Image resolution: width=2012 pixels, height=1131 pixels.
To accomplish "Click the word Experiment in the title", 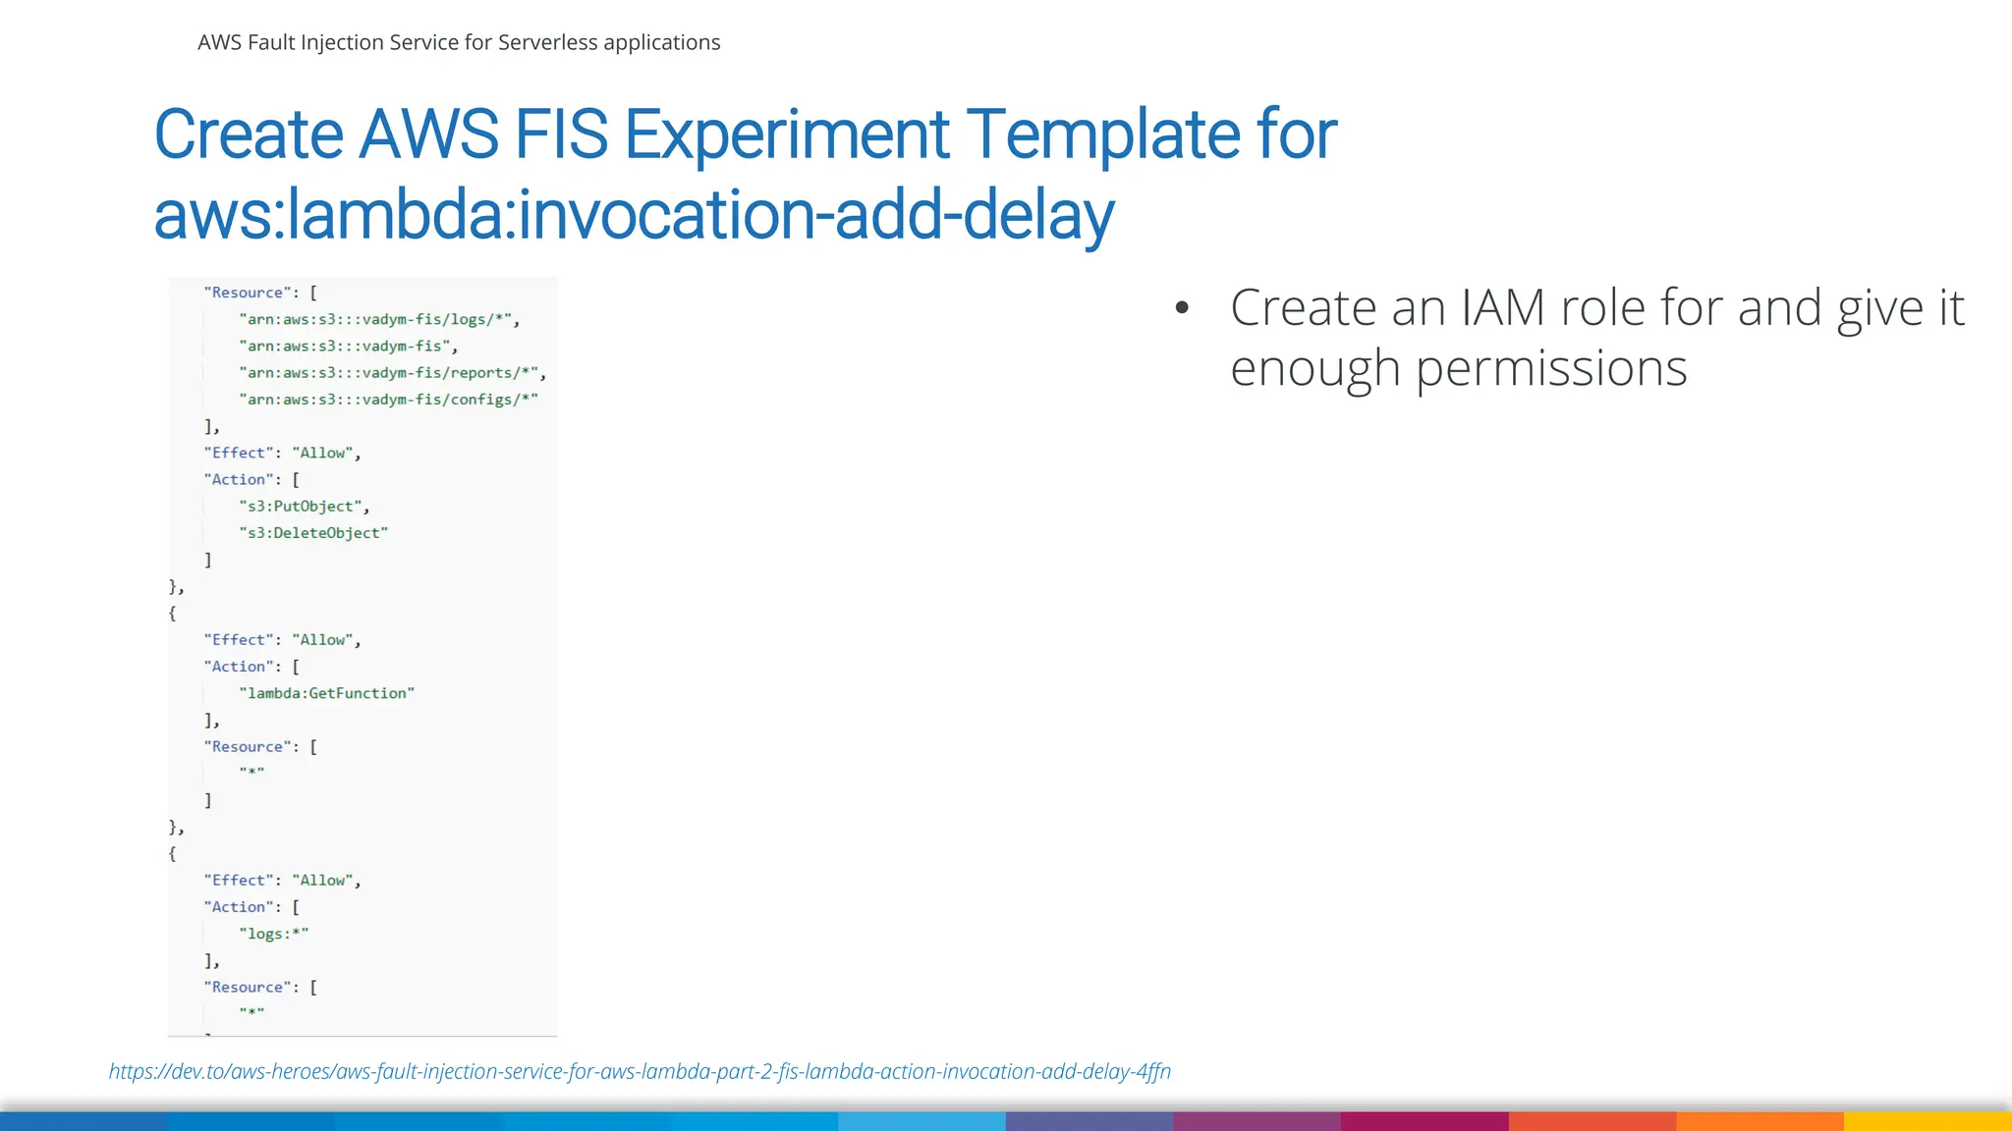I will coord(786,135).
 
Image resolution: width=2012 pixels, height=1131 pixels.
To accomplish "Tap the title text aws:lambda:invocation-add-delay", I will coord(634,216).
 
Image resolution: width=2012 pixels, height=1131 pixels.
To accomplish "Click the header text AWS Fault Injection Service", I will coord(314,42).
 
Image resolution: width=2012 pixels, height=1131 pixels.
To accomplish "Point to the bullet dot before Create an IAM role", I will coord(1182,308).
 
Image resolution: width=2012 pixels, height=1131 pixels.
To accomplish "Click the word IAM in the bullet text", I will coord(1502,308).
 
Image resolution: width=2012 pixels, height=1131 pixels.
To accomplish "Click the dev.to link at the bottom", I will coord(640,1071).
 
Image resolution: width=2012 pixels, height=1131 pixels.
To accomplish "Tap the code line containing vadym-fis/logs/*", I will coord(379,319).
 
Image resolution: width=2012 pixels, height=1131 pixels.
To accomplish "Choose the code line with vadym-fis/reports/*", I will coord(392,373).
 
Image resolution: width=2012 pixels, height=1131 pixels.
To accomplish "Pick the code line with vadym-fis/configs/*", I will coord(388,400).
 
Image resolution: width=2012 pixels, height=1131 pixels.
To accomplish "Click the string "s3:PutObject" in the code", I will coord(303,507).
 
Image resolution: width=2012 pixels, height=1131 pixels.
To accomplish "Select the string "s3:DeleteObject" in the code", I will coord(313,533).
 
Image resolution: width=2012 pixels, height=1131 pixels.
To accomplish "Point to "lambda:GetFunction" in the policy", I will coord(326,693).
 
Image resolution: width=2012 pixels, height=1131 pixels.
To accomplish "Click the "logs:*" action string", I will coord(273,934).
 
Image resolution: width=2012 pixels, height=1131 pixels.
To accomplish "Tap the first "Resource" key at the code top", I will coord(247,293).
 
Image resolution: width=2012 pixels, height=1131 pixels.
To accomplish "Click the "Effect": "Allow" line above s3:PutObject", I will coord(282,453).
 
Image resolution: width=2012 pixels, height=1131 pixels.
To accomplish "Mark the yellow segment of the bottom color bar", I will coord(1928,1121).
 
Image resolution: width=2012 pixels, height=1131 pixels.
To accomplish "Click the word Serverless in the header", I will coord(547,42).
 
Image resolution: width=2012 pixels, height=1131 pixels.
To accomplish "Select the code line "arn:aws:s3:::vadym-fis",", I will coord(348,347).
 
